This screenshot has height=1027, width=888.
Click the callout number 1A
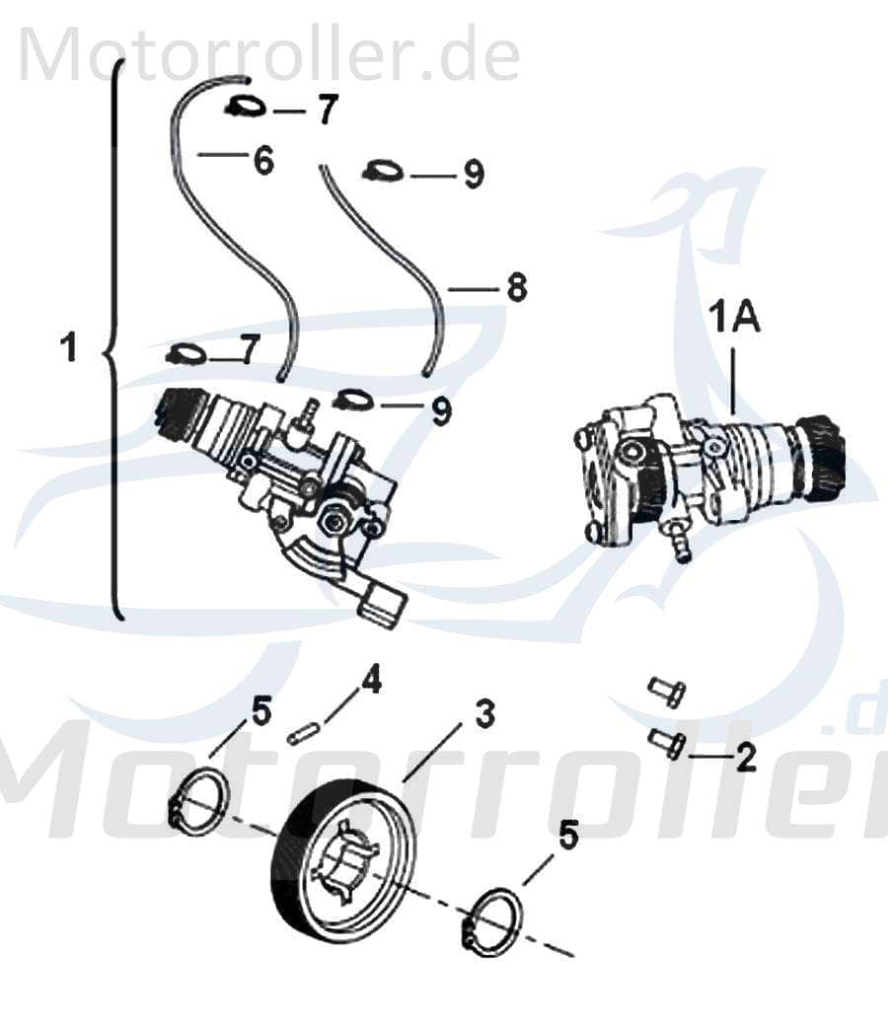734,322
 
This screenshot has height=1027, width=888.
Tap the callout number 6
262,161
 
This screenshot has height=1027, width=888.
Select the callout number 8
516,288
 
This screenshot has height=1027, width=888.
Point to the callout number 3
484,714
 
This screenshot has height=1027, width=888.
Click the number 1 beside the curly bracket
68,348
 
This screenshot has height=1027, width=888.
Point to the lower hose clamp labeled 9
353,400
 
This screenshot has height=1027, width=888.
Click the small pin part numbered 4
302,734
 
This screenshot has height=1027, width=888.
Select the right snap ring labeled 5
492,917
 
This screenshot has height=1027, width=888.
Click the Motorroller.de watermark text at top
268,54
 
